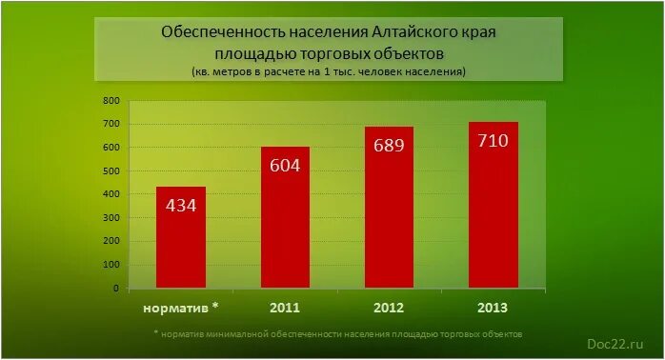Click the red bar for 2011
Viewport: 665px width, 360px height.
pos(286,219)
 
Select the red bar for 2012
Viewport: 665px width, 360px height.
pos(390,210)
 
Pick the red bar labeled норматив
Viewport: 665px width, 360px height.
pos(181,238)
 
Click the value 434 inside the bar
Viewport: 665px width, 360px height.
pos(181,205)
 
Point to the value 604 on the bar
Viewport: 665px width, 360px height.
pos(286,165)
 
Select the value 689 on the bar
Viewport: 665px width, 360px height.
pos(390,146)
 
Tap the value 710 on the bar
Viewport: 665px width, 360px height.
pos(494,141)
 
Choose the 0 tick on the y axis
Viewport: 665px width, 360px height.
pos(116,288)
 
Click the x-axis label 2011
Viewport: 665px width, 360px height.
pos(286,308)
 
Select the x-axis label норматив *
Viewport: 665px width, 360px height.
pos(181,308)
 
